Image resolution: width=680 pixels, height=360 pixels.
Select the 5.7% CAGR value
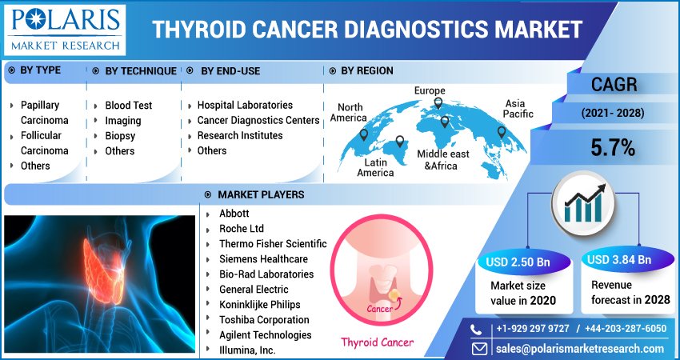[x=613, y=147]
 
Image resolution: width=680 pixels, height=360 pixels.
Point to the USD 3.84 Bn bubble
[x=618, y=260]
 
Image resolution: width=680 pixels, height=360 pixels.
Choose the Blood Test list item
[x=128, y=106]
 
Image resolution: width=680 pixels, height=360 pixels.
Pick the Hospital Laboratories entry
[x=245, y=106]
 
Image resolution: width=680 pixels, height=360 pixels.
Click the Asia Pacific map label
[x=517, y=109]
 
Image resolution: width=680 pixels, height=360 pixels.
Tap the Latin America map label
[x=375, y=167]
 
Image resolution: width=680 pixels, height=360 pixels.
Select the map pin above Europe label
[x=438, y=102]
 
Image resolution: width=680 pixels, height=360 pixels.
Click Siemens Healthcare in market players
[x=263, y=259]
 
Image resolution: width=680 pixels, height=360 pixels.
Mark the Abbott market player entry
[x=234, y=214]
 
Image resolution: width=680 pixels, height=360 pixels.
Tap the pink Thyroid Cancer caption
[x=378, y=342]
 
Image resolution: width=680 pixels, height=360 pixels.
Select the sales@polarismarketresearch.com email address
[x=580, y=350]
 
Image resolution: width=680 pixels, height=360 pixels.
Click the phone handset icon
[x=478, y=329]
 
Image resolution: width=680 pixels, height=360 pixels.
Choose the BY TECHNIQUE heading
[x=141, y=71]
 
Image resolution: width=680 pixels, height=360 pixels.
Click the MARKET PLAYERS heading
[x=260, y=194]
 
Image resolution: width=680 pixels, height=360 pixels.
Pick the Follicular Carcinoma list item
[x=44, y=143]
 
